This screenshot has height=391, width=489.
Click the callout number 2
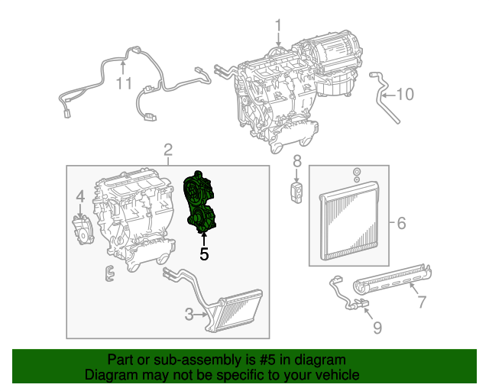point(168,149)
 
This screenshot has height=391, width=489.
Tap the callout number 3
point(189,312)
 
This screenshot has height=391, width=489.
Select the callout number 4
point(79,200)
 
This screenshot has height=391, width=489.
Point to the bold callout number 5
point(203,254)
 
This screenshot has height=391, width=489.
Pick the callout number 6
point(400,223)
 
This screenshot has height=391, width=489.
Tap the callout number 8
point(297,161)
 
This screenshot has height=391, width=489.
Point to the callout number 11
point(124,82)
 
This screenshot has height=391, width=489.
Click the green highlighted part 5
point(202,202)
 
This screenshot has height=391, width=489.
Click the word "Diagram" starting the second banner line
point(108,375)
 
